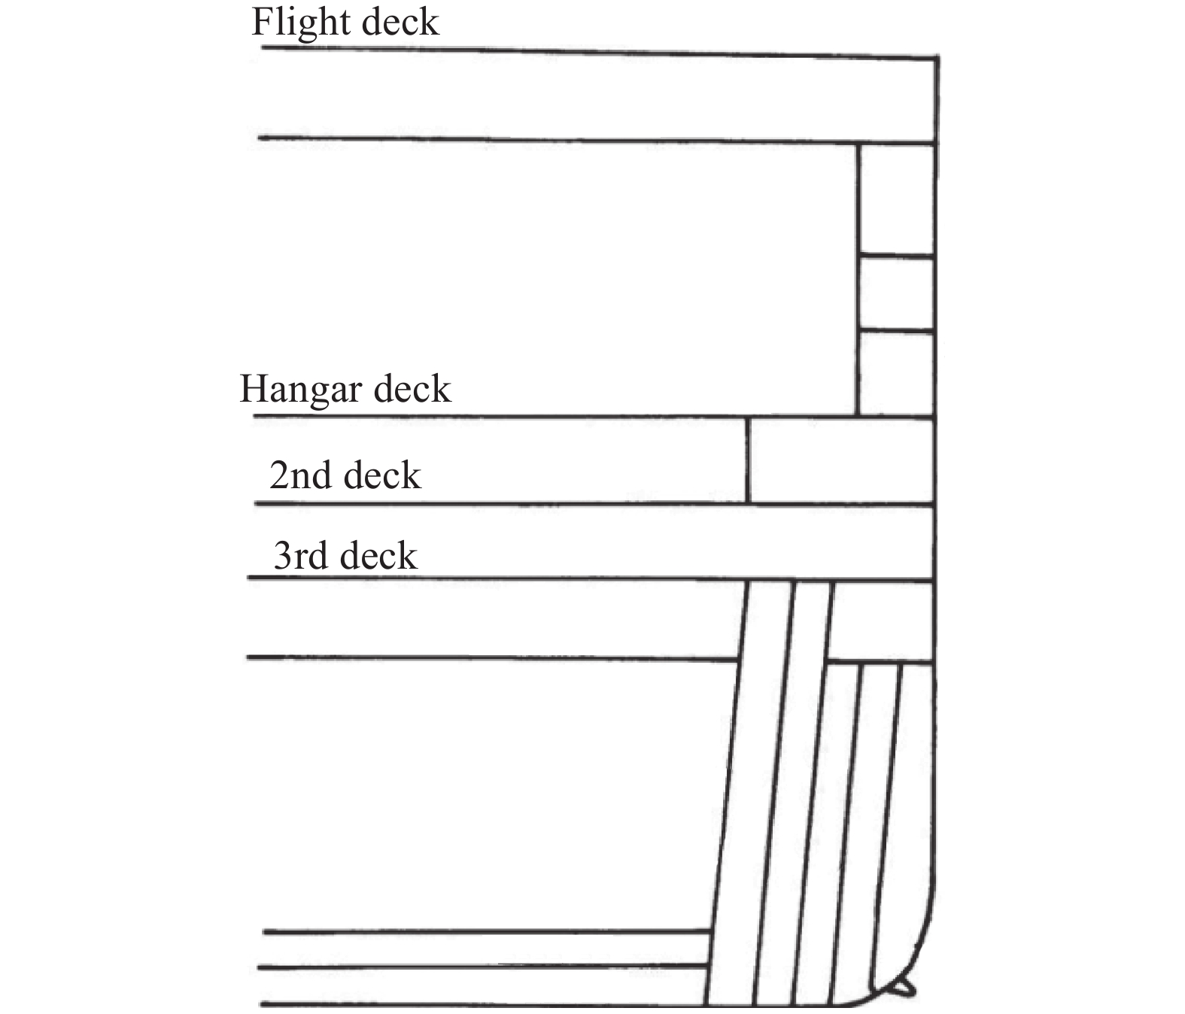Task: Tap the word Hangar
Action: click(301, 390)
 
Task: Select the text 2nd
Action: click(300, 475)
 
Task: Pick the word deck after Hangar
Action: click(413, 389)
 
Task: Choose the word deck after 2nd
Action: click(382, 475)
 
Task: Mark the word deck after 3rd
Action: click(378, 555)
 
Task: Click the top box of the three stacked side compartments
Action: click(897, 199)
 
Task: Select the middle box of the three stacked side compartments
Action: click(897, 293)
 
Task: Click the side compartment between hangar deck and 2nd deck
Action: click(841, 461)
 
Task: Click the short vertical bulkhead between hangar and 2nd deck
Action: click(748, 460)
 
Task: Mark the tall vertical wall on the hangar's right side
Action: click(858, 278)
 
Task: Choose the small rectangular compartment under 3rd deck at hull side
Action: click(880, 622)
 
